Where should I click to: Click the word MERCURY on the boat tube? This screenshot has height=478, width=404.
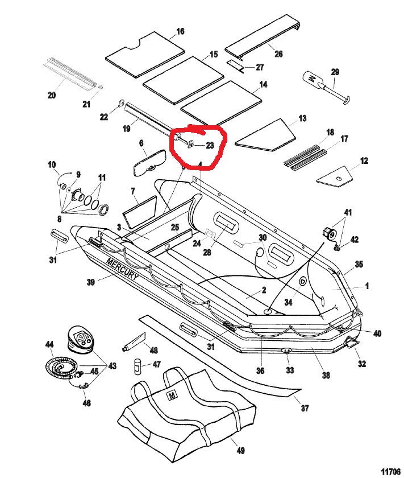122,268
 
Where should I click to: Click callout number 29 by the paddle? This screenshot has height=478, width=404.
335,72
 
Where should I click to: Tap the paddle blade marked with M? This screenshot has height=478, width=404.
313,78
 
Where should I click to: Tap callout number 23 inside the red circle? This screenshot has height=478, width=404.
209,146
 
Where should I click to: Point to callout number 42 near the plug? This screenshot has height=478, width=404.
355,240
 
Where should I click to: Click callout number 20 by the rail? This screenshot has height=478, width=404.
52,95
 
